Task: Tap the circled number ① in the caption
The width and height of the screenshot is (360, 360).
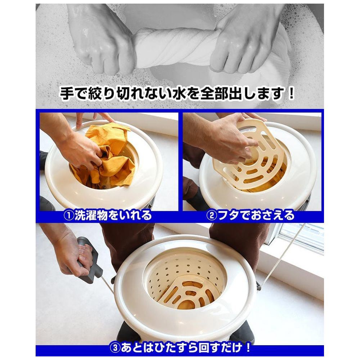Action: click(x=68, y=216)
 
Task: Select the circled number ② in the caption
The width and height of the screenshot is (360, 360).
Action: click(x=211, y=216)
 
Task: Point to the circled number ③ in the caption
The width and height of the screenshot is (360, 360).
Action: click(x=115, y=348)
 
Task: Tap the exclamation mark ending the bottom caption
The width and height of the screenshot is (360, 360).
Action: click(x=248, y=348)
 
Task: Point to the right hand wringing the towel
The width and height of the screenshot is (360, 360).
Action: click(x=248, y=38)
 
